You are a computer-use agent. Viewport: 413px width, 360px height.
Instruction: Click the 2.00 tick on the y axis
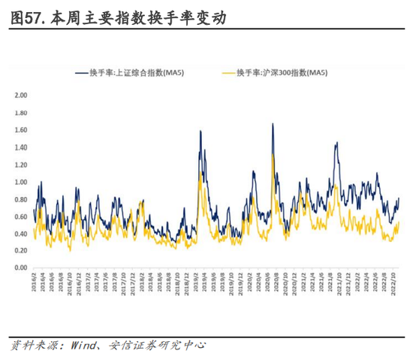tap(20, 95)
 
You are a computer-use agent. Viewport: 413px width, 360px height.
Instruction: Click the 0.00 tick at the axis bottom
tap(20, 268)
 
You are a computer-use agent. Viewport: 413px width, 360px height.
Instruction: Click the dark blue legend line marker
tap(83, 72)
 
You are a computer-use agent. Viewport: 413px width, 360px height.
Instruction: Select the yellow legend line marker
tap(226, 72)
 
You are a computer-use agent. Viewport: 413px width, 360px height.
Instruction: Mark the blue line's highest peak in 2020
tap(273, 124)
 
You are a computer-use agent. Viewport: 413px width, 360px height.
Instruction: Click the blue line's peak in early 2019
tap(200, 132)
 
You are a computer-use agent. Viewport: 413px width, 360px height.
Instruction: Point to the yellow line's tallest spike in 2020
tap(273, 155)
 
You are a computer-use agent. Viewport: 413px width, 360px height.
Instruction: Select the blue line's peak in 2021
tap(336, 142)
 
